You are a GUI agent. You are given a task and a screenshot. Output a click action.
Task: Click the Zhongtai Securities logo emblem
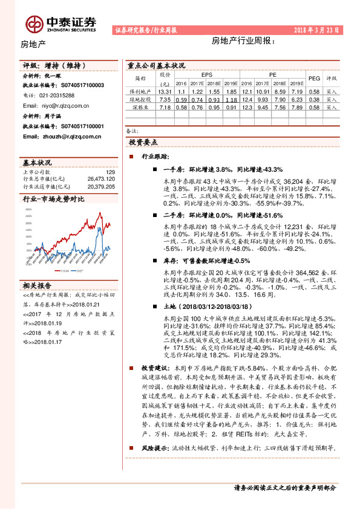pos(34,22)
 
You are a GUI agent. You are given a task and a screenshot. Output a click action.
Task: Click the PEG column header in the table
pos(314,78)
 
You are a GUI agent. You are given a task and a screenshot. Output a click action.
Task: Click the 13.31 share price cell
pos(165,91)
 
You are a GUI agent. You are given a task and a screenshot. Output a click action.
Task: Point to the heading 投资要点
pos(143,142)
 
